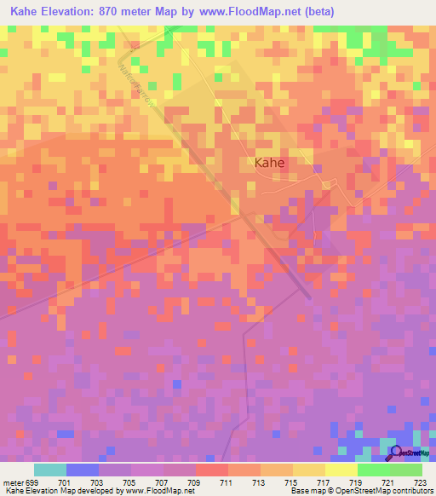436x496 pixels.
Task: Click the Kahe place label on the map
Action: tap(268, 162)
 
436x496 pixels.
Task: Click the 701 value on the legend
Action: tap(65, 482)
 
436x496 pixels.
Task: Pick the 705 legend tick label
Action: tap(130, 482)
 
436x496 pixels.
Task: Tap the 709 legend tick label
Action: tap(195, 482)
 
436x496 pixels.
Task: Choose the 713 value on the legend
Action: tap(260, 482)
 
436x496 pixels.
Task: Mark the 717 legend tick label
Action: tap(324, 482)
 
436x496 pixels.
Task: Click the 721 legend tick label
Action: tap(389, 482)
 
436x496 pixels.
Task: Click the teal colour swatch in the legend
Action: tap(49, 470)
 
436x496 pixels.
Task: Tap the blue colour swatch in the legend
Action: tap(82, 470)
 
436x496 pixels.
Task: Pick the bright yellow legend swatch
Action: tap(341, 470)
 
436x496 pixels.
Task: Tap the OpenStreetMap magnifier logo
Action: tap(397, 453)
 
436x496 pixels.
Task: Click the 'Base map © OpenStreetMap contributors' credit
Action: tap(360, 492)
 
